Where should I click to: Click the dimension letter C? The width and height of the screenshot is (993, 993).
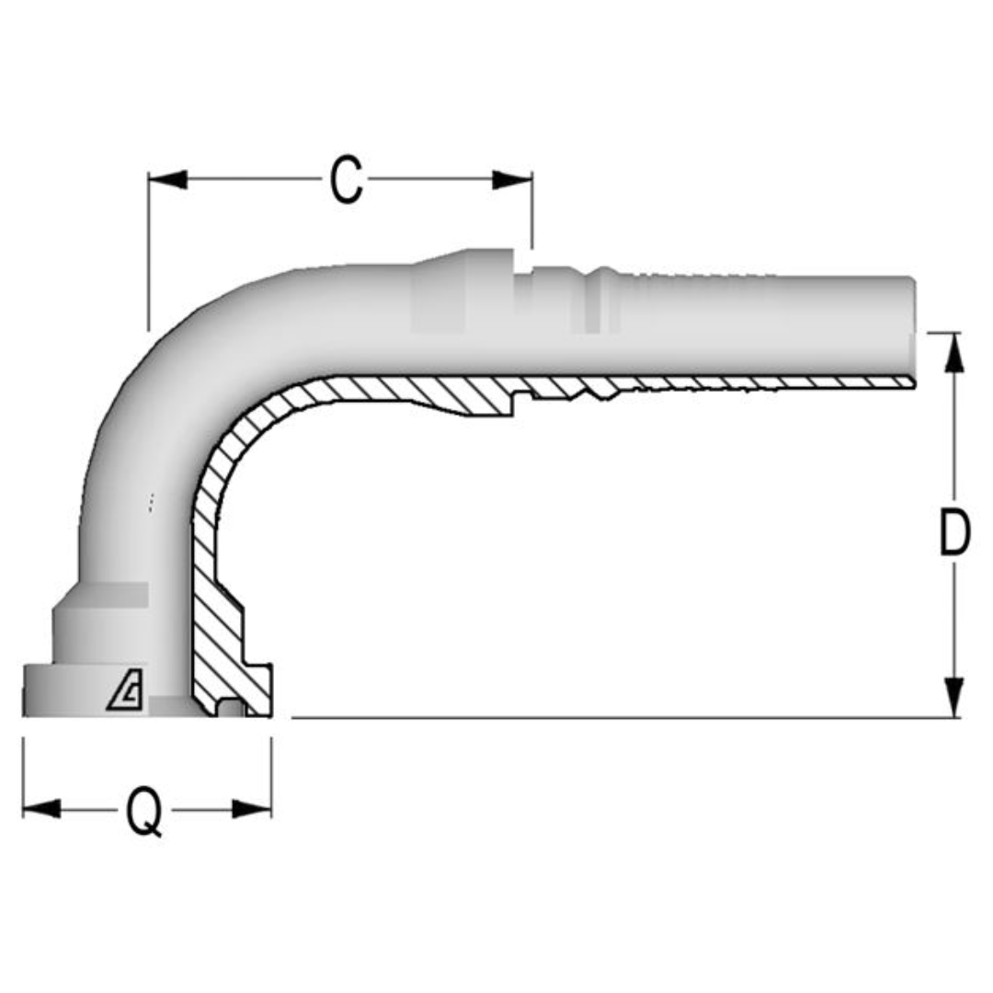347,180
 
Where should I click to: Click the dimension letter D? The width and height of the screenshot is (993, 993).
954,533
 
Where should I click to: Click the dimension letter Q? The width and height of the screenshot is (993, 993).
144,811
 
